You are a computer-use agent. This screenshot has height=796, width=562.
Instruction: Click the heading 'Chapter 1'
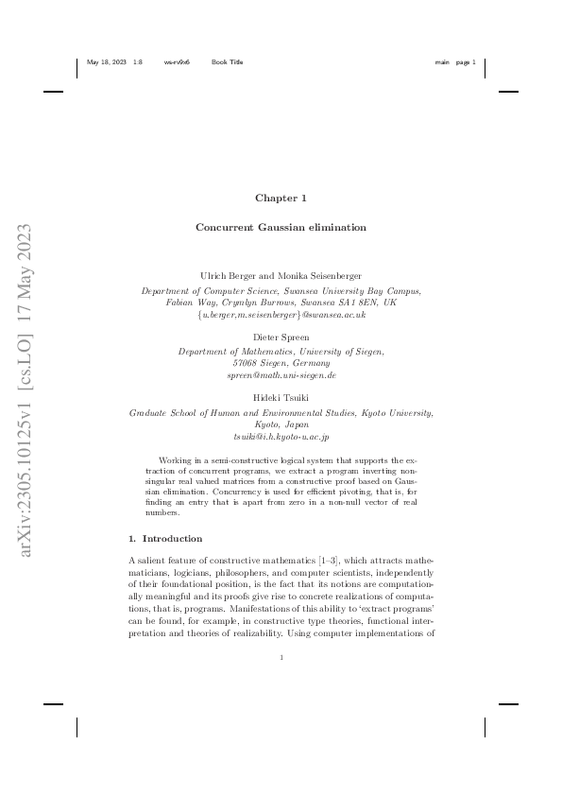click(x=281, y=198)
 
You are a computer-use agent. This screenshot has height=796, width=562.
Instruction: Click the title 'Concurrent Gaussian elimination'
click(x=281, y=228)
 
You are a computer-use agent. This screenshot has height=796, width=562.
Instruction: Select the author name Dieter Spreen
click(x=281, y=337)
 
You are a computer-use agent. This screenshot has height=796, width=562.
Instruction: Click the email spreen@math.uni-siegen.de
click(x=281, y=375)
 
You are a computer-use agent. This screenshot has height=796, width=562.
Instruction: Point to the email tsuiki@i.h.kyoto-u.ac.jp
click(x=281, y=438)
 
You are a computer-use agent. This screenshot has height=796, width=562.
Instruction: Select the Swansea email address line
click(x=281, y=313)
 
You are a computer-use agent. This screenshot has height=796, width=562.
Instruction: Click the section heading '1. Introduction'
click(x=165, y=538)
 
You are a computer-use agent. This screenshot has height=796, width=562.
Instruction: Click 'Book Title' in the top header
click(x=227, y=62)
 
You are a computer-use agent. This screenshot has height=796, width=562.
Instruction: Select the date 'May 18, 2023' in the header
click(x=105, y=62)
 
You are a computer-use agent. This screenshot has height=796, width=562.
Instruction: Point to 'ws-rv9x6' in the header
click(x=177, y=62)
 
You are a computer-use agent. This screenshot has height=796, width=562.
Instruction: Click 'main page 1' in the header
click(x=455, y=62)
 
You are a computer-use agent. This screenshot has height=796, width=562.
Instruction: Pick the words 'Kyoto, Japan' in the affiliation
click(x=281, y=425)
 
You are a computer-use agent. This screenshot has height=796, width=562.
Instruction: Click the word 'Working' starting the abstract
click(x=177, y=458)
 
